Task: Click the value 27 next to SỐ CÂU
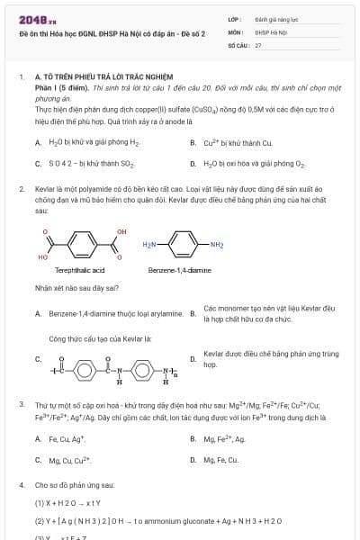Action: (x=258, y=44)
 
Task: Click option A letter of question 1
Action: (x=38, y=142)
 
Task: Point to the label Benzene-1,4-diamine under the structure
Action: (x=179, y=270)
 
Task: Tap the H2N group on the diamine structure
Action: (x=149, y=244)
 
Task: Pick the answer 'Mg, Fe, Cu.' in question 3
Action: (x=220, y=460)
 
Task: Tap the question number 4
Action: (x=21, y=484)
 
